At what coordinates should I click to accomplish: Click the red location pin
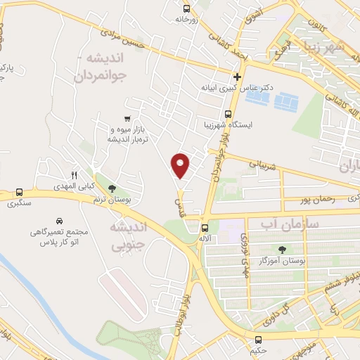[x=181, y=165]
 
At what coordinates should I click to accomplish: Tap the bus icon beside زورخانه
[x=186, y=9]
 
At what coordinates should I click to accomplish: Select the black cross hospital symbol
[x=238, y=77]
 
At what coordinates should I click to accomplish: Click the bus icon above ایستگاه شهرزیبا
[x=227, y=114]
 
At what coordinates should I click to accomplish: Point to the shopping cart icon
[x=127, y=119]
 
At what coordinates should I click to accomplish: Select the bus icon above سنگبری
[x=19, y=192]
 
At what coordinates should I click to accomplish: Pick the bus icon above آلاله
[x=205, y=228]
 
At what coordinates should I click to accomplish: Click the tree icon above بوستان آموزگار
[x=283, y=250]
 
